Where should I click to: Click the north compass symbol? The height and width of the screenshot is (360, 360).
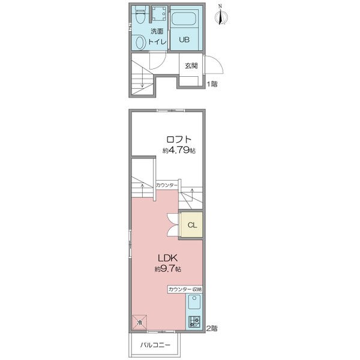pos(221,15)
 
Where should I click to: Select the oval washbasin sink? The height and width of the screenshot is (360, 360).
pos(140,42)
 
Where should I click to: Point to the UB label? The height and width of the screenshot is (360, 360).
pos(184,40)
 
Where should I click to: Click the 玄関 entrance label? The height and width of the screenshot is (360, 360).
pos(191,65)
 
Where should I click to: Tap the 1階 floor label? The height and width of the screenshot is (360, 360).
pos(212,84)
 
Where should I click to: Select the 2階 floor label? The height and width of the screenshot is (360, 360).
pos(212,328)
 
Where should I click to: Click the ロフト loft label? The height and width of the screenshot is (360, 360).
pos(179,139)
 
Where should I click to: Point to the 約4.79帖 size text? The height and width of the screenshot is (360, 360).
pos(179,151)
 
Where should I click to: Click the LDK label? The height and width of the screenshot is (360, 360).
pos(167,258)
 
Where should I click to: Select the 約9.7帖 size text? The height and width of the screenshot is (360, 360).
pos(168,268)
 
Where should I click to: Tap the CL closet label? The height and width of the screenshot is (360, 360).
pos(192,225)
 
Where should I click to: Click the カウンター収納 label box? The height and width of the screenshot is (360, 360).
pos(185,289)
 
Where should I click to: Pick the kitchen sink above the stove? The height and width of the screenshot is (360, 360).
pos(194,302)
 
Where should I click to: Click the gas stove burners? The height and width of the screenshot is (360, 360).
pos(194,322)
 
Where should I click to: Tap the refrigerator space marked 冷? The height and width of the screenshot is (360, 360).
pos(139,322)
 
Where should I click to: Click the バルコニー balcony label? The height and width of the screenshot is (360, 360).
pos(155,345)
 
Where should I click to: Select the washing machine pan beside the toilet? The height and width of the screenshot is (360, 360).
pos(159,13)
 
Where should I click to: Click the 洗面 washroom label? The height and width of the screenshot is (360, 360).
pos(157,31)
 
